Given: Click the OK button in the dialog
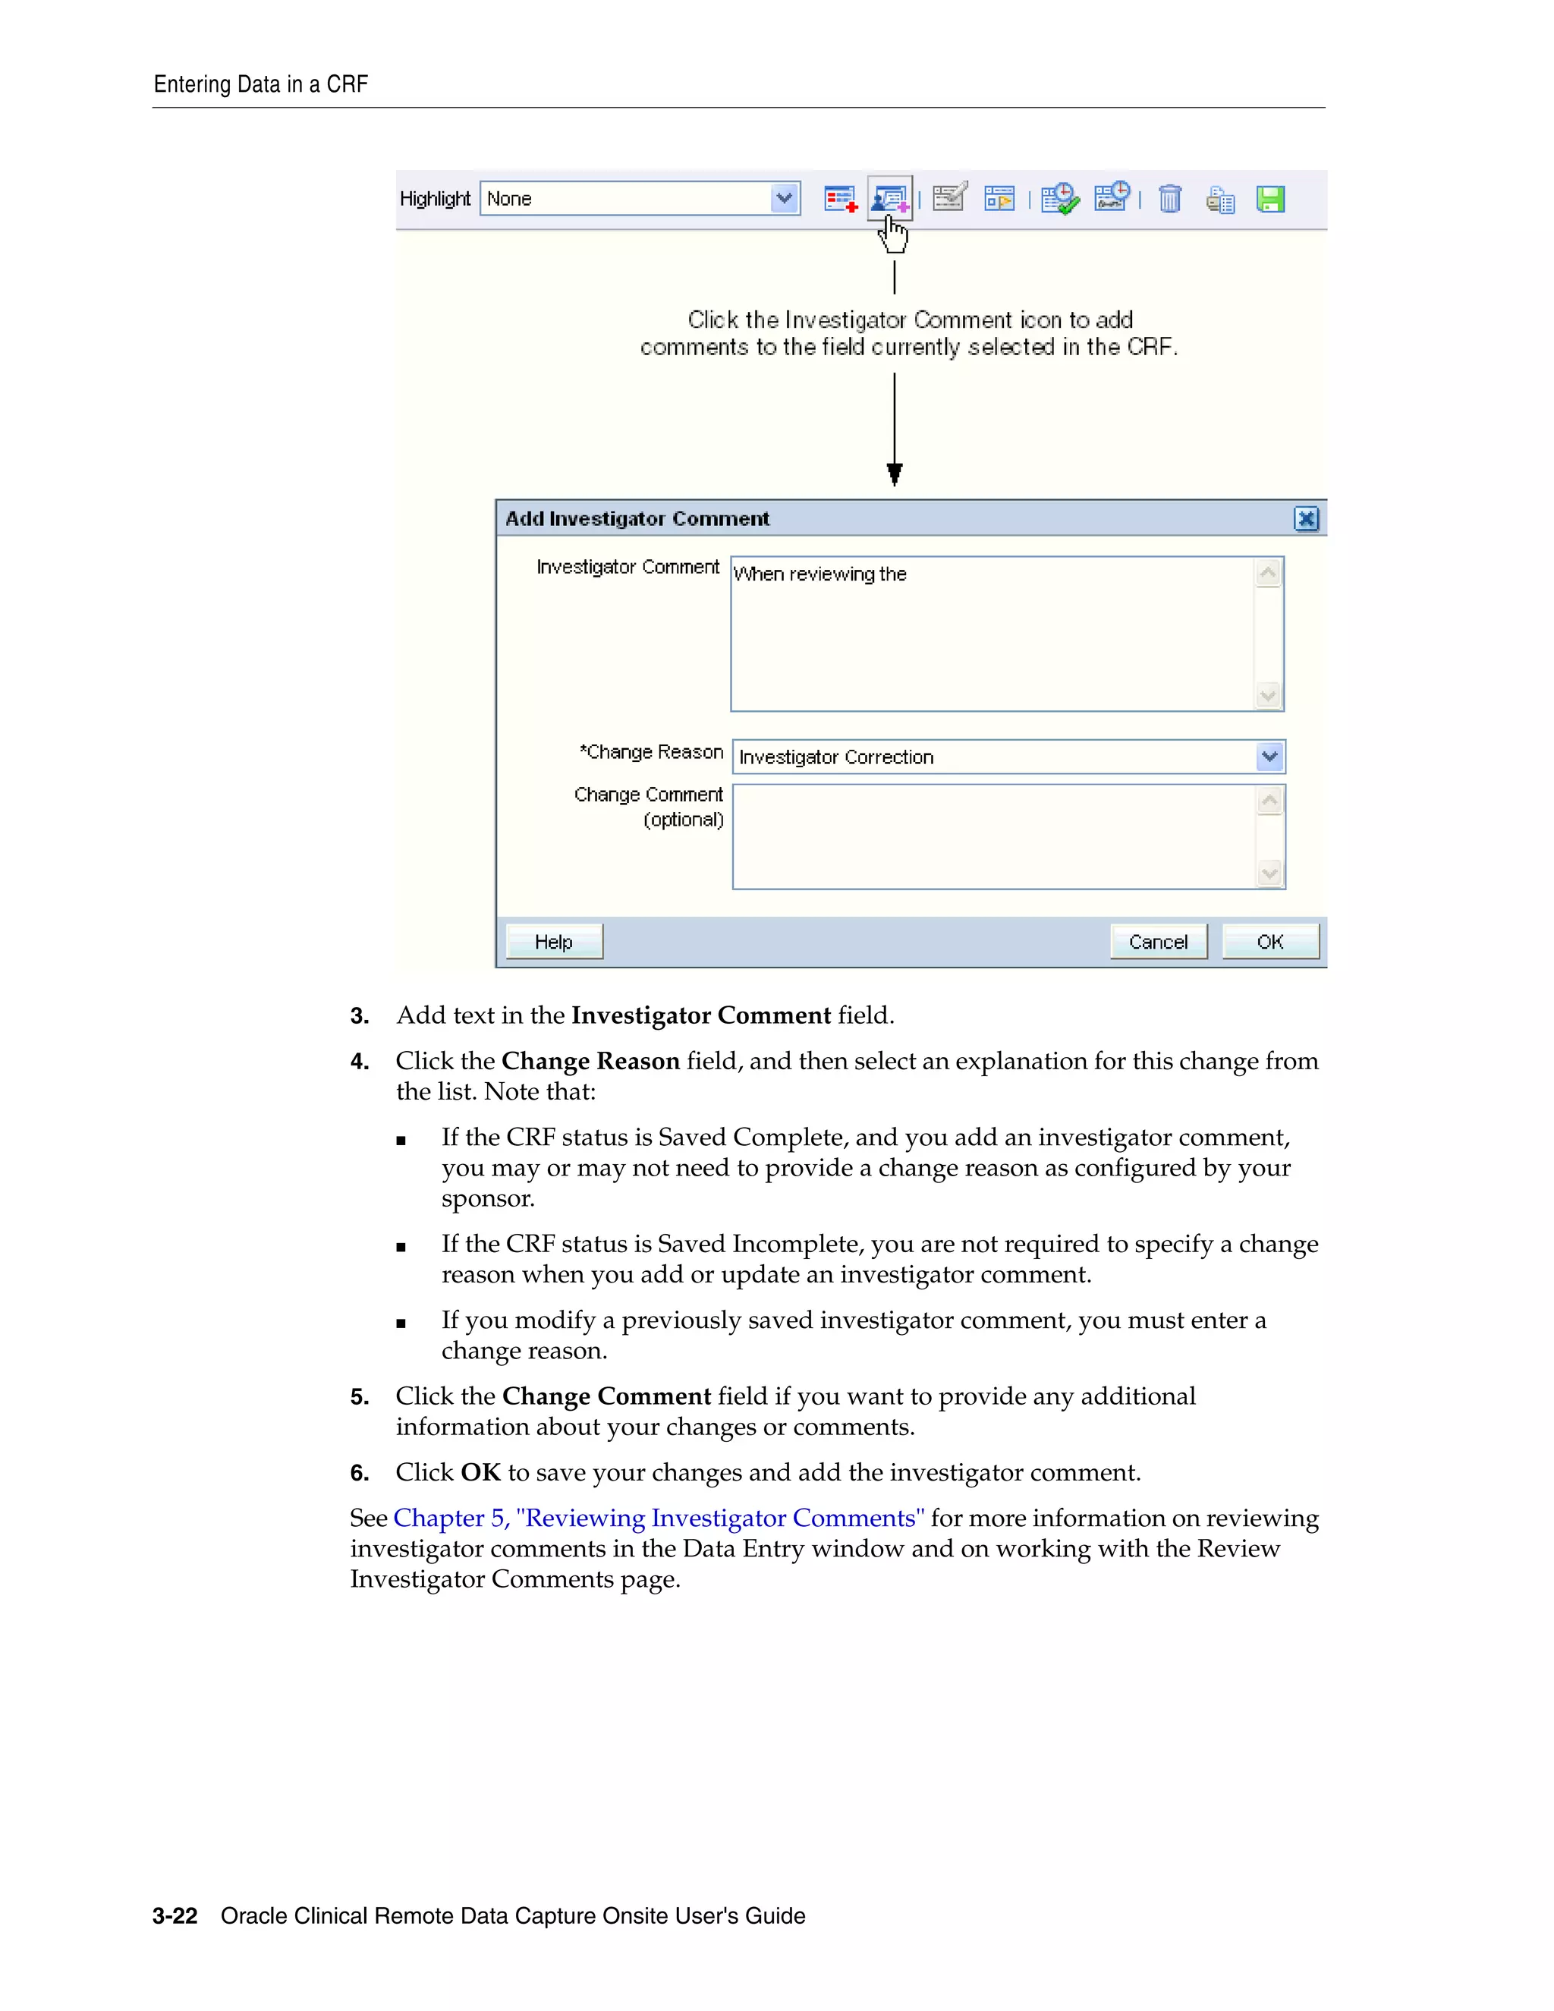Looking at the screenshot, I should pyautogui.click(x=1269, y=941).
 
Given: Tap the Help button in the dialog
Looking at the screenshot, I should pyautogui.click(x=553, y=941).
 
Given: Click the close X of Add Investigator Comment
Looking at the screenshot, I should pyautogui.click(x=1305, y=518).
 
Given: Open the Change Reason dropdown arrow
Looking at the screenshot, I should pyautogui.click(x=1269, y=756).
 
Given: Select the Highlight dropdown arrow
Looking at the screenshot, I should pyautogui.click(x=785, y=198).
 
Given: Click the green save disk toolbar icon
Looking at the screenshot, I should pyautogui.click(x=1270, y=199).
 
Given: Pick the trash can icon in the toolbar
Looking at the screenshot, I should pyautogui.click(x=1169, y=199).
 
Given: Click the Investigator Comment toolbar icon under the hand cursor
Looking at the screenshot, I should pyautogui.click(x=889, y=198).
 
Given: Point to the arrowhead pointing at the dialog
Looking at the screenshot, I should pyautogui.click(x=894, y=474).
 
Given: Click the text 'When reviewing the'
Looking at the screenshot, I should pyautogui.click(x=819, y=574).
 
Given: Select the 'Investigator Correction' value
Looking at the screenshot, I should pyautogui.click(x=836, y=757).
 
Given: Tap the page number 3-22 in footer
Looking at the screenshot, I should pyautogui.click(x=175, y=1915).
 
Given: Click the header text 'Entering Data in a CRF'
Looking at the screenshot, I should pyautogui.click(x=260, y=85).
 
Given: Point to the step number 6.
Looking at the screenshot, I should pyautogui.click(x=359, y=1472).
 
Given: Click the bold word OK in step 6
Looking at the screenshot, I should pyautogui.click(x=480, y=1472).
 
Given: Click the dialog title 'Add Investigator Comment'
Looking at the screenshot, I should pyautogui.click(x=637, y=518).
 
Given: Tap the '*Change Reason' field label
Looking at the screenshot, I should pyautogui.click(x=651, y=752).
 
